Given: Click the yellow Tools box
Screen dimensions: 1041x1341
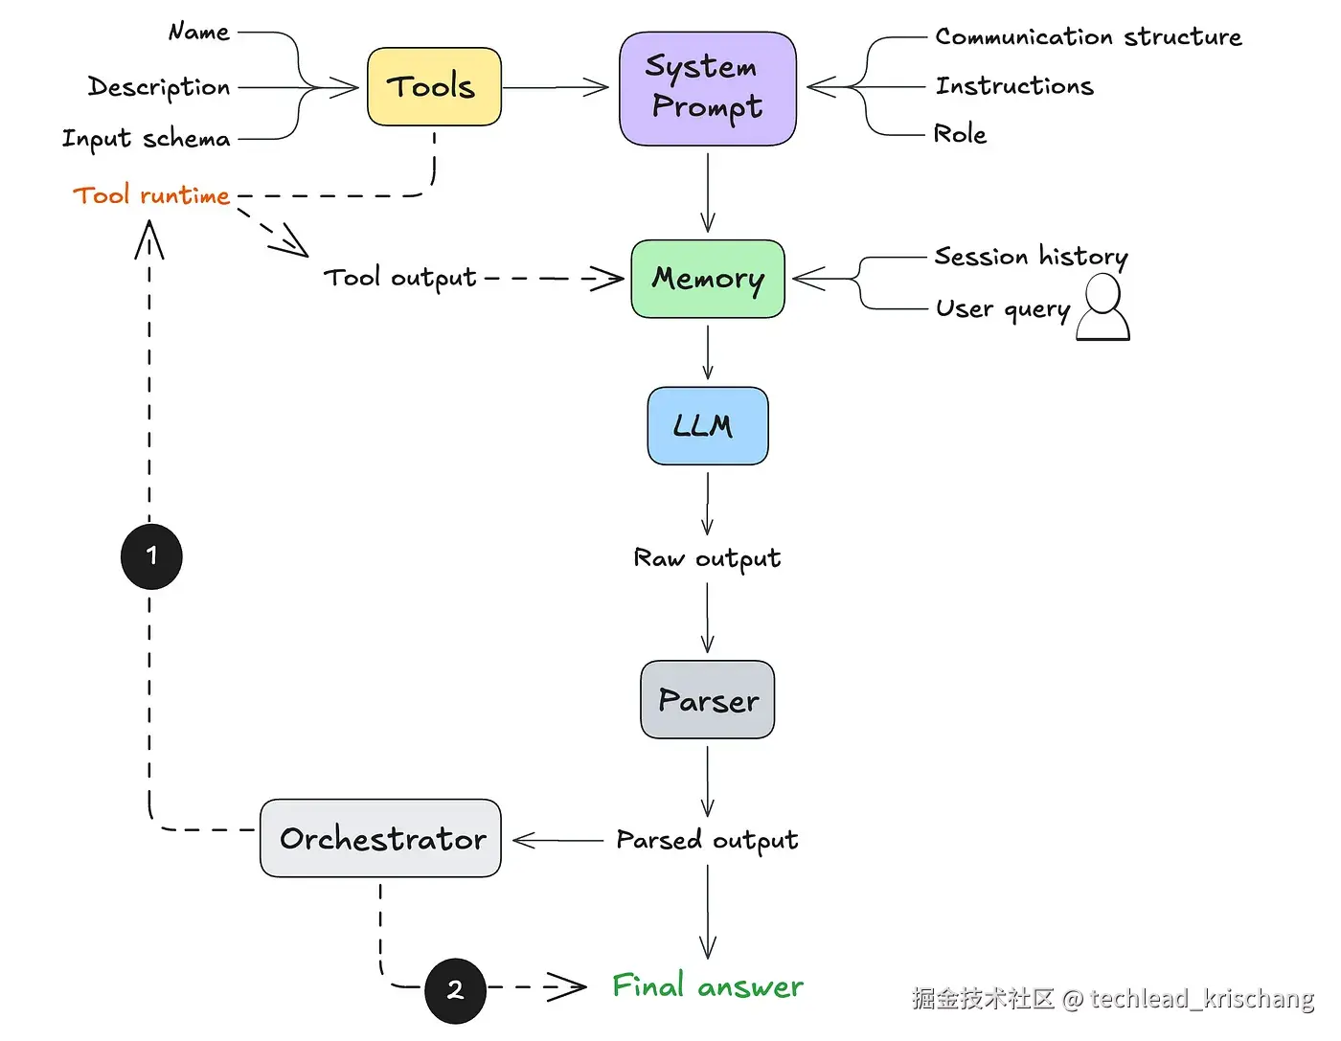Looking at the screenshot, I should [434, 87].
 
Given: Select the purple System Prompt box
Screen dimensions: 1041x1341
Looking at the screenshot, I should [708, 88].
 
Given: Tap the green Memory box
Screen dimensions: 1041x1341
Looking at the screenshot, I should [708, 279].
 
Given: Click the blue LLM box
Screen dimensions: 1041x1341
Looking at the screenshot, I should [708, 426].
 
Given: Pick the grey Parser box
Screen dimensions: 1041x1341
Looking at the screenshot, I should [708, 700].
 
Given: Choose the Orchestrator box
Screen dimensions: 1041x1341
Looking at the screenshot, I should [381, 839].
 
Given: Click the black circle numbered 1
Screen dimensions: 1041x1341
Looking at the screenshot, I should [151, 556].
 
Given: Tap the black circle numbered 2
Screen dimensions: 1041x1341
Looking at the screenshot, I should [455, 990].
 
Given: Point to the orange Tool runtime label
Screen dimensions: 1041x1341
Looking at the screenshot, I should [151, 195].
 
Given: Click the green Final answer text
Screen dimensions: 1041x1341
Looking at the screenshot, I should [708, 986].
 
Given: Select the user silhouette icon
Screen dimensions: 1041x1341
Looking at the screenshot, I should [1103, 308].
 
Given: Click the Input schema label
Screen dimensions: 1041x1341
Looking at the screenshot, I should [147, 139].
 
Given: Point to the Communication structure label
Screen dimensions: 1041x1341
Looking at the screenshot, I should [1088, 37].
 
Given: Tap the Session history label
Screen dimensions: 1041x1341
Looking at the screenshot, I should [1031, 257].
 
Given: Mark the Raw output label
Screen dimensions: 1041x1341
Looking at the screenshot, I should [708, 558].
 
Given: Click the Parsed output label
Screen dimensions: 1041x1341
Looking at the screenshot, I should [708, 841].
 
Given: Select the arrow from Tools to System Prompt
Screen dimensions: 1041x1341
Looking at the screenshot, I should [556, 88].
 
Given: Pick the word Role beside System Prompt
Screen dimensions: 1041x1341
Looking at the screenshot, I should [960, 134].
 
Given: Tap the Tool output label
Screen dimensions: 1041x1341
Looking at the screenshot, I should [399, 278].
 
